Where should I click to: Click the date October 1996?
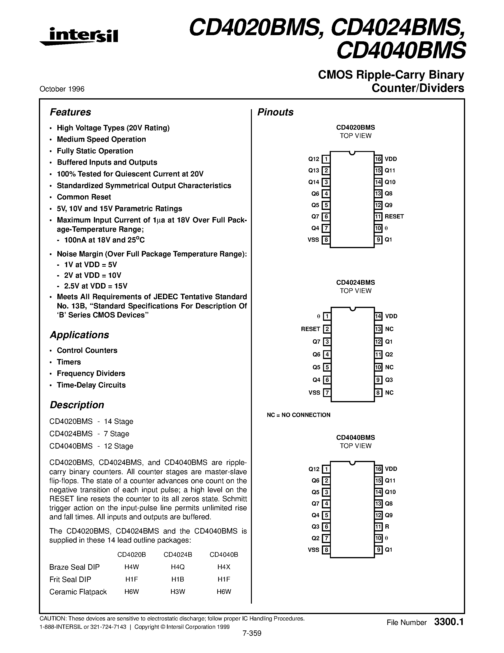pos(62,89)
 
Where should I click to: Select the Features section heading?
pos(70,112)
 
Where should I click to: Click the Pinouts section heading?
pos(275,112)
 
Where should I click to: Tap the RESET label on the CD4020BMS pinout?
pos(394,217)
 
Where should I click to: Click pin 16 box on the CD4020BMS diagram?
pos(378,159)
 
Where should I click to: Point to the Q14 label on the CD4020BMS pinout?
pos(314,182)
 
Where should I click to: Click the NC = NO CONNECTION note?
pos(299,415)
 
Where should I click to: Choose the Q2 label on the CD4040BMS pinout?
pos(315,538)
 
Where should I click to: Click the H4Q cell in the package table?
pos(178,567)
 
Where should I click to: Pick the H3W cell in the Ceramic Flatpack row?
pos(178,591)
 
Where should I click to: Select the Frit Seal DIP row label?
pos(70,579)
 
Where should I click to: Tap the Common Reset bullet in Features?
pos(84,197)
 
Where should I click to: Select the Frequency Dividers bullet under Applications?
pos(91,374)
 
